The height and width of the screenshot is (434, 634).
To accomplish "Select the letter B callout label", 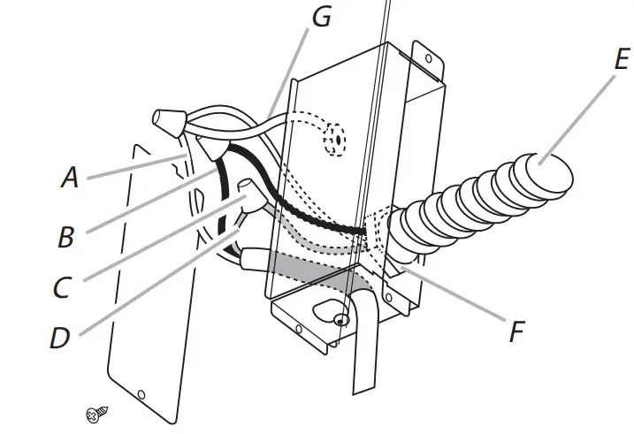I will pos(66,237).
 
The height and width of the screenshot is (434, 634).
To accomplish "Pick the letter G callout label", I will pos(321,16).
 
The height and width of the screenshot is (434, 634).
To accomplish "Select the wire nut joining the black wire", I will pos(213,151).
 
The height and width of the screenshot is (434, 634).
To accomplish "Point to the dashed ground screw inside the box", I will pos(335,140).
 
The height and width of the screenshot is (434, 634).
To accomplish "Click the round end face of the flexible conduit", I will pos(552,170).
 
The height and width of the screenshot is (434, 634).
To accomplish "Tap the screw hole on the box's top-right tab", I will pos(429,60).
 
